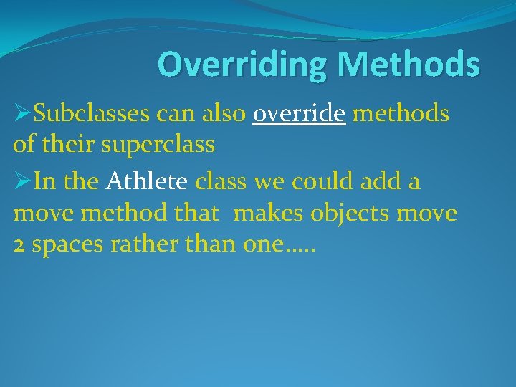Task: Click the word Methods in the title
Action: (x=408, y=64)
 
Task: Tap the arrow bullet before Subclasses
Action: (x=22, y=113)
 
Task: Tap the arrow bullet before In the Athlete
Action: (x=22, y=182)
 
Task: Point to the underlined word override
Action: (x=300, y=113)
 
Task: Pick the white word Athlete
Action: (x=147, y=182)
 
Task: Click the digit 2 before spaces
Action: (x=19, y=246)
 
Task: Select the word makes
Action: (x=266, y=214)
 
